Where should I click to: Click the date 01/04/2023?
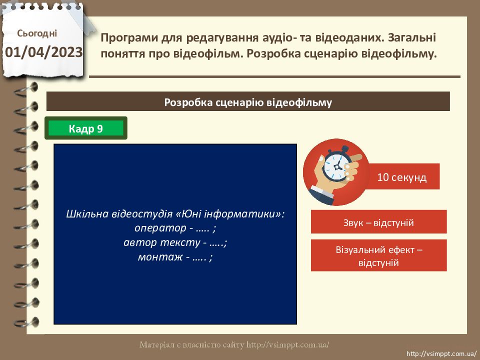pos(44,52)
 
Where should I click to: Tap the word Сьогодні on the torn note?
pos(37,33)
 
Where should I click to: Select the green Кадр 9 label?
pos(85,128)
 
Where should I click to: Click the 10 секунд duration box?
pos(401,176)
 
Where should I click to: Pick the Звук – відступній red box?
pos(378,222)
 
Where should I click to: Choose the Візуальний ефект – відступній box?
pos(378,255)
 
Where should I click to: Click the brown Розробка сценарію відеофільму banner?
pos(248,101)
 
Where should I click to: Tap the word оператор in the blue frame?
pos(160,228)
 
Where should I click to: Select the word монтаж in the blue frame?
pos(160,256)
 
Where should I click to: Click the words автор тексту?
pos(162,242)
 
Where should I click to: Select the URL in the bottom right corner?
pos(441,354)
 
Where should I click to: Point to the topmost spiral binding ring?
pos(26,89)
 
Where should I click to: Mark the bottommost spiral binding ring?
pos(26,322)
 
